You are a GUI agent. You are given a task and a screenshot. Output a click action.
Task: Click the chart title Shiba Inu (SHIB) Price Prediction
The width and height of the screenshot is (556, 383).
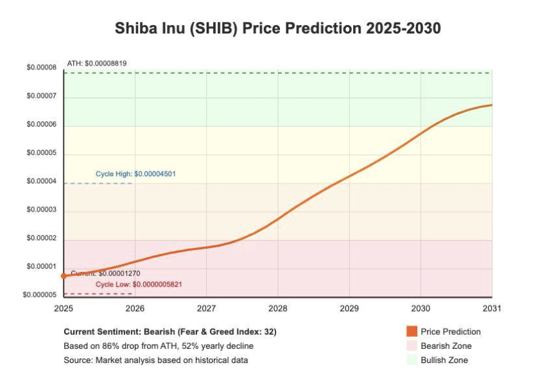[x=277, y=29]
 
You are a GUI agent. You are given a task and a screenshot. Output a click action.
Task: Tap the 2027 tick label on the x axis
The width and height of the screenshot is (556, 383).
[x=206, y=308]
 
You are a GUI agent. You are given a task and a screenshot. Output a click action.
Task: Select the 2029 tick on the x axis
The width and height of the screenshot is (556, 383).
[x=349, y=308]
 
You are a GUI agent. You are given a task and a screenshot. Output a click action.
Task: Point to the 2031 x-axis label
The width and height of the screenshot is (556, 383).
[x=491, y=308]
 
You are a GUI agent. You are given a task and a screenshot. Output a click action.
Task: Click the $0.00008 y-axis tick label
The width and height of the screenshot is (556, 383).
[x=41, y=68]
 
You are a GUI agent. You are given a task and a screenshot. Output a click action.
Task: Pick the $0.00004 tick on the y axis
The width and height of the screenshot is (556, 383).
[x=41, y=181]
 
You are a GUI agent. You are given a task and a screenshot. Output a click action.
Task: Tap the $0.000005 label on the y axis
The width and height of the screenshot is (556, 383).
[x=39, y=295]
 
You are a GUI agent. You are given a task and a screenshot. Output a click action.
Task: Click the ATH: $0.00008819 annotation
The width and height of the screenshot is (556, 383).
[x=96, y=63]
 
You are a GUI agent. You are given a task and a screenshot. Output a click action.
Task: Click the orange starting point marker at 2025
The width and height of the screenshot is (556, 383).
[x=64, y=276]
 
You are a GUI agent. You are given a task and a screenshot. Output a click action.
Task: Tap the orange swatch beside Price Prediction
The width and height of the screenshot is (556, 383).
[x=412, y=332]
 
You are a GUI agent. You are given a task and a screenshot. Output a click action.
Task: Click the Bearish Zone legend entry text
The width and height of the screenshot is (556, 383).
[x=446, y=346]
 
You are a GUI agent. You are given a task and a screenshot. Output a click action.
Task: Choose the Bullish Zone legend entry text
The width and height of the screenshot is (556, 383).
[x=444, y=360]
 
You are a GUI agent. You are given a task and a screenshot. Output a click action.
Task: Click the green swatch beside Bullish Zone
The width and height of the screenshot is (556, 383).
[x=412, y=360]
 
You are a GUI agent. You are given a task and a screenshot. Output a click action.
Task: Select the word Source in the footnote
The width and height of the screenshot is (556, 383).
[x=78, y=360]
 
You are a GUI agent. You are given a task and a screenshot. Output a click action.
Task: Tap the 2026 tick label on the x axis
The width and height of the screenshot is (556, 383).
[x=135, y=308]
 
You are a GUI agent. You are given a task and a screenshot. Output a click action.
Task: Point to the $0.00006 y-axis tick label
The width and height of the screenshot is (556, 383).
[x=41, y=125]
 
